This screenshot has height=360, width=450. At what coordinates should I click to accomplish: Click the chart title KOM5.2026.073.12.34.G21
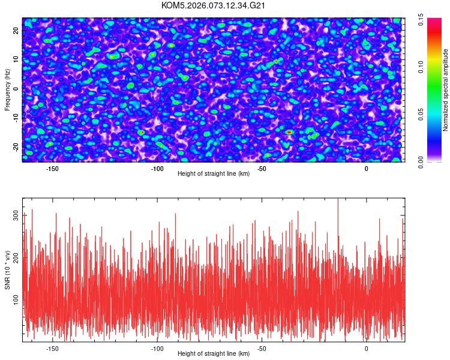(214, 5)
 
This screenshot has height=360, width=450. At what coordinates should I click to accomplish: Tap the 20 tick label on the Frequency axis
(16, 30)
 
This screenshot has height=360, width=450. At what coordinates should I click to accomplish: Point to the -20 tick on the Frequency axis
(16, 146)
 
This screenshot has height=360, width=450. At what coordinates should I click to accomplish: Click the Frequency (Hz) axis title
(7, 89)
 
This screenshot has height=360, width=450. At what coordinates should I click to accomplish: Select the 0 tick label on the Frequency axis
(16, 88)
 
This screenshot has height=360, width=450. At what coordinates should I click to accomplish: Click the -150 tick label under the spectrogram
(52, 169)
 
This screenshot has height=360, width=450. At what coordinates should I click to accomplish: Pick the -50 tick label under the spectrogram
(262, 169)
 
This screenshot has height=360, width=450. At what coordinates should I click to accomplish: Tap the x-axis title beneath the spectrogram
(214, 174)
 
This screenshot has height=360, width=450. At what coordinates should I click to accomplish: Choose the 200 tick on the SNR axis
(16, 256)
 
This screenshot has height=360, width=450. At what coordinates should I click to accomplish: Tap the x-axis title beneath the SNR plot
(214, 354)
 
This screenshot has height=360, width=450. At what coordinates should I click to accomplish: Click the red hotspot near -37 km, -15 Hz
(289, 132)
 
